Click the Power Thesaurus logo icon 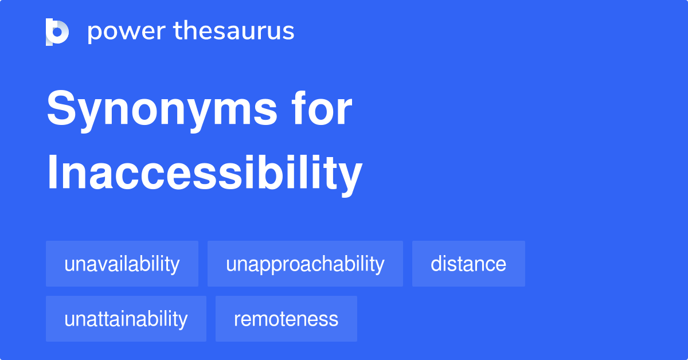pyautogui.click(x=57, y=32)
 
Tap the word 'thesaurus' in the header pyautogui.click(x=234, y=32)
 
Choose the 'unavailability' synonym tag pyautogui.click(x=122, y=264)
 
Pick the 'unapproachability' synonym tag pyautogui.click(x=305, y=264)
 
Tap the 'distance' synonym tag pyautogui.click(x=468, y=264)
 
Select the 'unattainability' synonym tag pyautogui.click(x=126, y=319)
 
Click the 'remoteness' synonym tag pyautogui.click(x=286, y=319)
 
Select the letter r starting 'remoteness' pyautogui.click(x=237, y=320)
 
